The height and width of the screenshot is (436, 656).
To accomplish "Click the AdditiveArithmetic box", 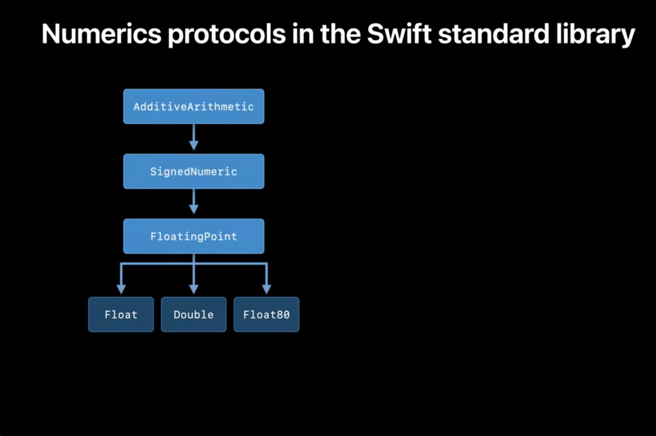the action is pyautogui.click(x=194, y=106).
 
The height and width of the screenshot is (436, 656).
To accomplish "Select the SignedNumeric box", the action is pyautogui.click(x=194, y=171).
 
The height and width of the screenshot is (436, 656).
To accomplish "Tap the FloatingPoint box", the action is pyautogui.click(x=194, y=236).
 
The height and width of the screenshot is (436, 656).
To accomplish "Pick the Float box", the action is pyautogui.click(x=121, y=315).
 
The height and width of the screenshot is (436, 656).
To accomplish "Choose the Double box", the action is pyautogui.click(x=194, y=315).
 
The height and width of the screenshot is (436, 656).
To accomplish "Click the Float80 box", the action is pyautogui.click(x=266, y=315).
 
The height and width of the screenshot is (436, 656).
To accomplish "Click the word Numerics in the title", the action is pyautogui.click(x=100, y=35).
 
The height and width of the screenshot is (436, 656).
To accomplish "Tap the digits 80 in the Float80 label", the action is pyautogui.click(x=283, y=315).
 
